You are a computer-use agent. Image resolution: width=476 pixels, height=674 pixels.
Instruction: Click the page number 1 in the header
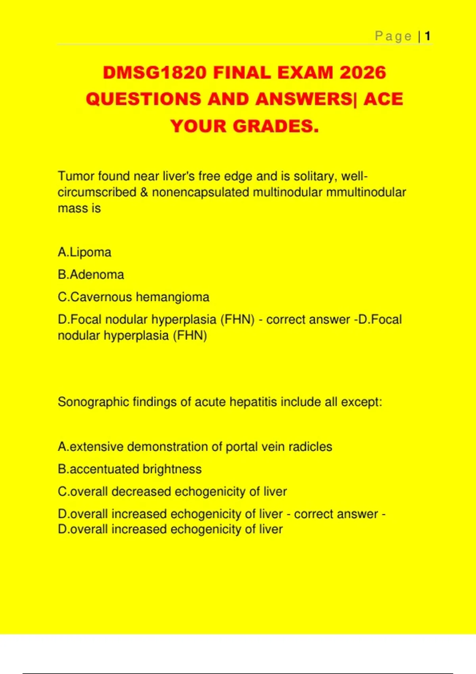pos(428,36)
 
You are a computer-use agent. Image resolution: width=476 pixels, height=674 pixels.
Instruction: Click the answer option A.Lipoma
pos(84,252)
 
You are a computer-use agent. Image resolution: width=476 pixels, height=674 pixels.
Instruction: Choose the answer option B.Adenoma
pos(91,274)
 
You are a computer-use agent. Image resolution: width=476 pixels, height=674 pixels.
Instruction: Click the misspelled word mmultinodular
pos(366,192)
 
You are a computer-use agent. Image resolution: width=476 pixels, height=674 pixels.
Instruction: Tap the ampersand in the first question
pos(144,192)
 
